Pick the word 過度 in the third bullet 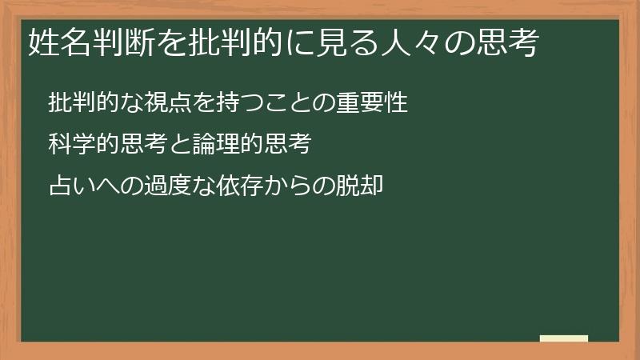click(158, 187)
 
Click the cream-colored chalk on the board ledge click(564, 338)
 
